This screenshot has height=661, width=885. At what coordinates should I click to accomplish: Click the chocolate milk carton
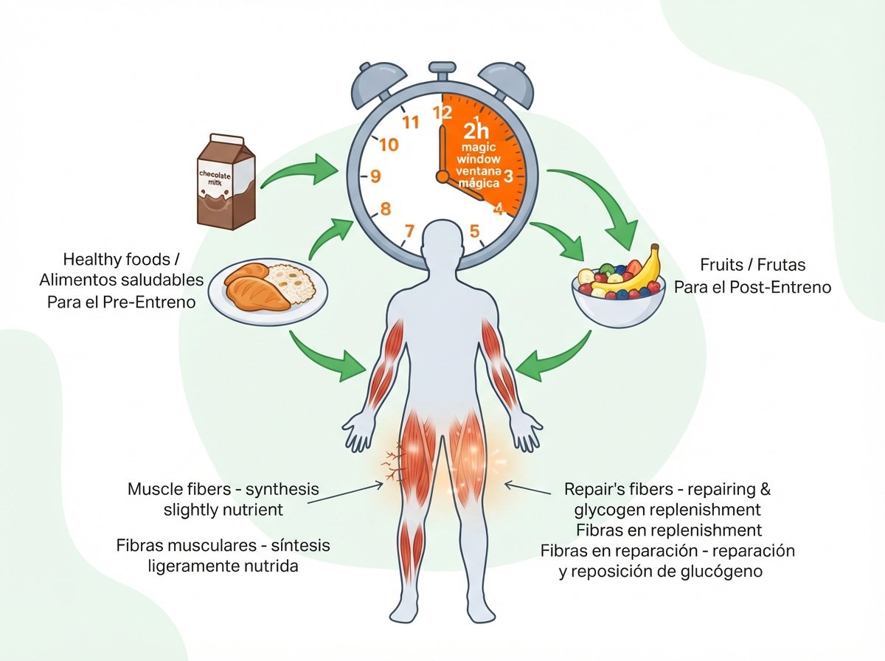(x=226, y=181)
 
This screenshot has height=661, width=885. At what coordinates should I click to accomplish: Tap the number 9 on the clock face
(x=375, y=176)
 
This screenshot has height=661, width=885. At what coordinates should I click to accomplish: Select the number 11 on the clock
(x=411, y=122)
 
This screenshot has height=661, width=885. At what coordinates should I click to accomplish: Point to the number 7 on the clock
(x=409, y=231)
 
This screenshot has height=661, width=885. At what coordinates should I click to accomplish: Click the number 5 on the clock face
(x=474, y=231)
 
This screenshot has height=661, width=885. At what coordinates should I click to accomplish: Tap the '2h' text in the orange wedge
(x=476, y=131)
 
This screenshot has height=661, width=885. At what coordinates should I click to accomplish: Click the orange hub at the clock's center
(x=442, y=176)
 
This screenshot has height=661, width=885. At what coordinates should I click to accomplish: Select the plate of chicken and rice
(x=268, y=291)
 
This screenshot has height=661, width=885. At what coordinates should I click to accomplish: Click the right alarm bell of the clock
(x=506, y=84)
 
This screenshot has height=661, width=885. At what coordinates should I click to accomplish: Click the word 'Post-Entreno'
(x=780, y=287)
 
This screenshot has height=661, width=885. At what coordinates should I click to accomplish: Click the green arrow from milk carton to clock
(x=300, y=171)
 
